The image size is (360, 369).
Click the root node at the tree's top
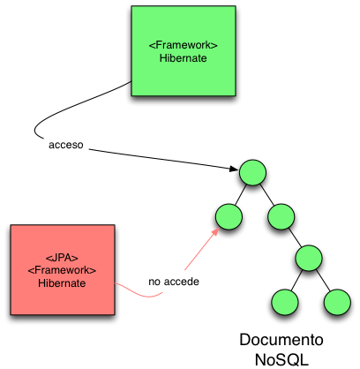[x=251, y=172]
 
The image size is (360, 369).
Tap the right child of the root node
[x=280, y=215]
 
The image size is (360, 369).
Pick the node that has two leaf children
[x=309, y=258]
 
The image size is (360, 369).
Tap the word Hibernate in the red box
[x=62, y=282]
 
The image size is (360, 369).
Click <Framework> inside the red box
[x=62, y=268]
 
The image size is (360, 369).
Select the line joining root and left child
[x=239, y=193]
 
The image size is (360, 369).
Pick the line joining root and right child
[x=266, y=193]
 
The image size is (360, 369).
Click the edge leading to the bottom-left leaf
[x=296, y=279]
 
